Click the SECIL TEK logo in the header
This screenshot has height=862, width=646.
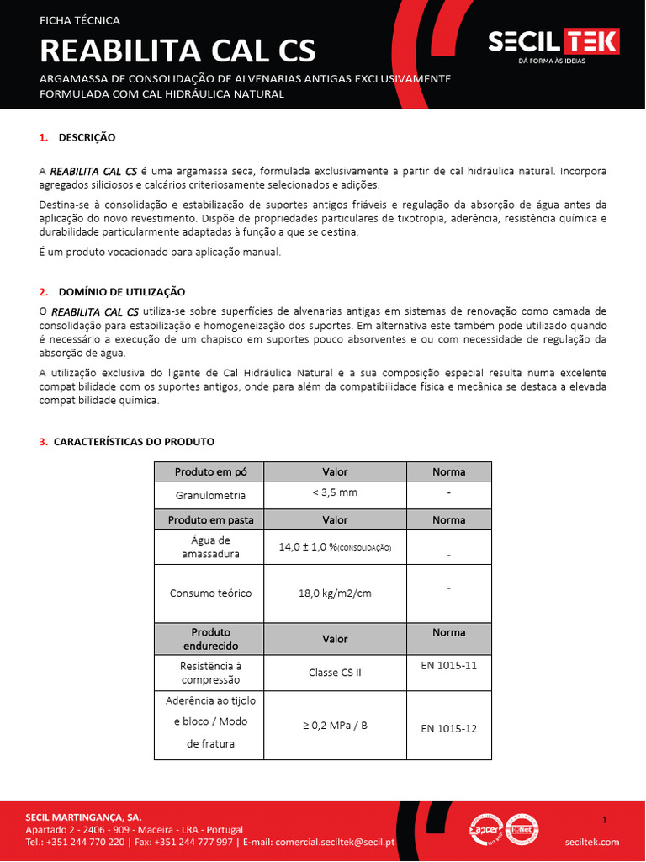coord(554,42)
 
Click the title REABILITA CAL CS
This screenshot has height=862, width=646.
coord(177,51)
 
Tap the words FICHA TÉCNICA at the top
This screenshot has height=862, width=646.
coord(80,20)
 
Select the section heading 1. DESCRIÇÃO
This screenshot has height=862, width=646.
coord(77,137)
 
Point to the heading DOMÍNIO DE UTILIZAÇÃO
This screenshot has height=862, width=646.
coord(121,291)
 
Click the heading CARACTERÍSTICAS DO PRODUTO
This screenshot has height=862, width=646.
coord(134,441)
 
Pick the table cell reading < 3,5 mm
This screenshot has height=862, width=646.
coord(335,493)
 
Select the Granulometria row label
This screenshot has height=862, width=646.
coord(210,495)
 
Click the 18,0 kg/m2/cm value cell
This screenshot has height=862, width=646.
coord(335,593)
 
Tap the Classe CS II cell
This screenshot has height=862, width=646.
coord(335,673)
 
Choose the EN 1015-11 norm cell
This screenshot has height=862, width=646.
coord(448,665)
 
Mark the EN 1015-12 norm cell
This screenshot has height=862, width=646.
coord(448,728)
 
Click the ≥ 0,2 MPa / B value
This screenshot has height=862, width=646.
coord(335,724)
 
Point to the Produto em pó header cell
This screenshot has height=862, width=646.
coord(209,471)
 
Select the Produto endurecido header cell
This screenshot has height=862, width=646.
coord(210,639)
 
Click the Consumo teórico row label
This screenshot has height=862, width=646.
coord(210,593)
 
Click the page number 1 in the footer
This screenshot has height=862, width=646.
coord(605,819)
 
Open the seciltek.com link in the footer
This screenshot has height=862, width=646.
coord(592,842)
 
